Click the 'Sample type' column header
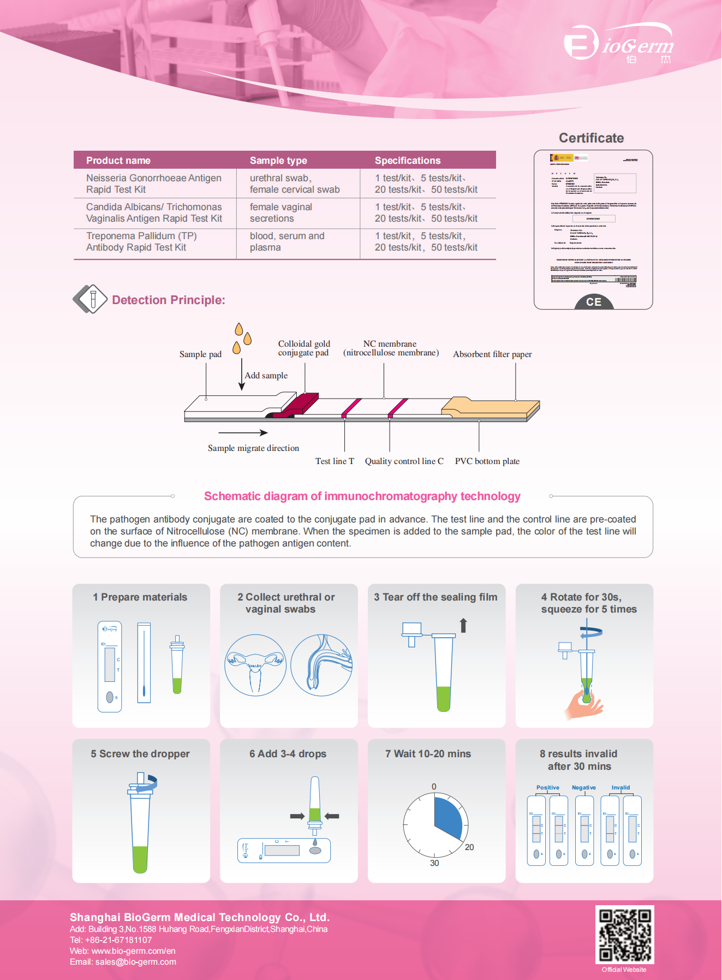pos(278,161)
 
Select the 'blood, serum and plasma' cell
pos(287,241)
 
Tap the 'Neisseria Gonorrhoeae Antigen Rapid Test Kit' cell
pos(154,183)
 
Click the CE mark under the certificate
pos(594,302)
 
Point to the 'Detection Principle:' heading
pos(168,300)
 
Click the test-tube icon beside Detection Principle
pos(91,299)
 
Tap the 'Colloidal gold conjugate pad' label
pos(304,348)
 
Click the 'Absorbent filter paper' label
pos(492,354)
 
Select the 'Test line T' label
pos(335,461)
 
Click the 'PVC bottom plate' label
pos(487,461)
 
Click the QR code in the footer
pos(624,935)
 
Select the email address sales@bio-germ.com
pos(136,962)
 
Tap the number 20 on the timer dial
pos(469,847)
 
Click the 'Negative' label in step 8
pos(583,788)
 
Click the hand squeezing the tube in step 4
pos(583,706)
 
